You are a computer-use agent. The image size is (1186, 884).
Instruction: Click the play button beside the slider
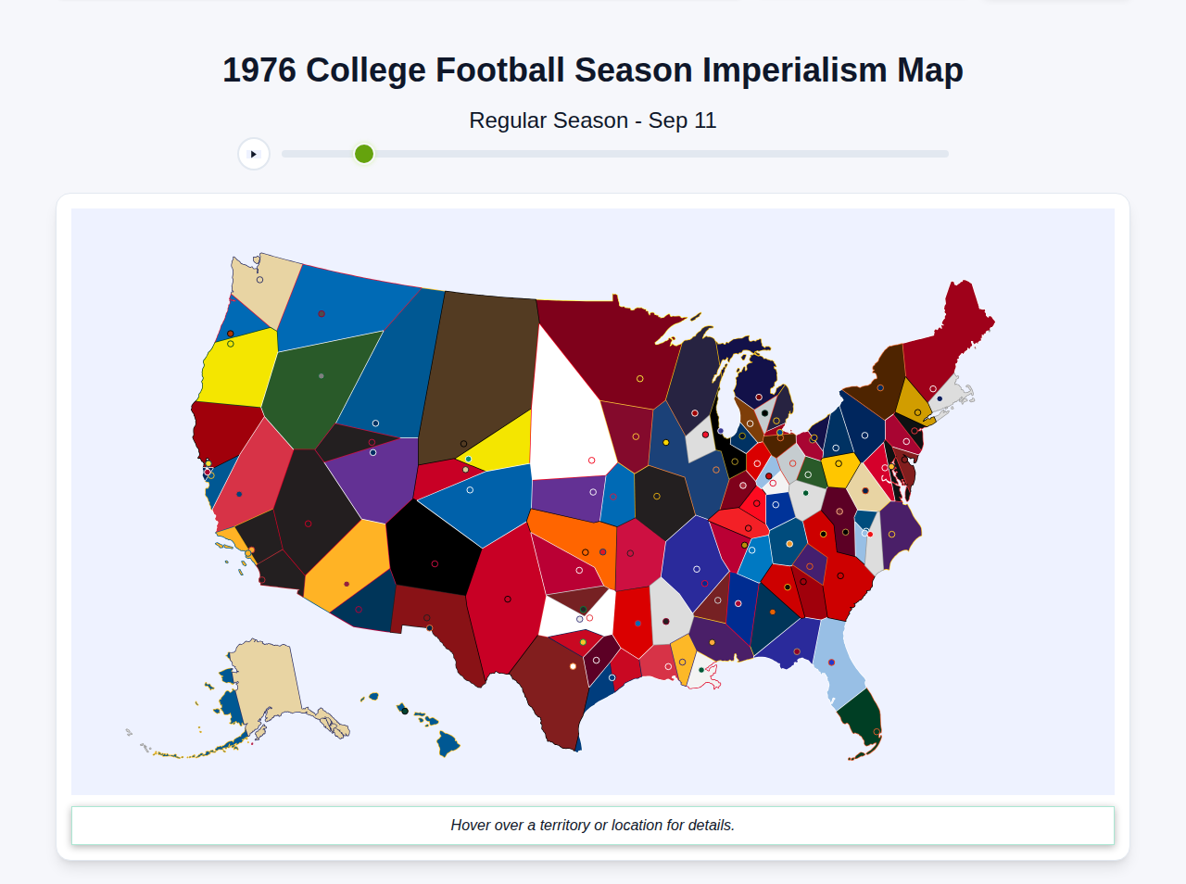(x=253, y=154)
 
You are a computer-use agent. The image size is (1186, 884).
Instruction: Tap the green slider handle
(x=364, y=154)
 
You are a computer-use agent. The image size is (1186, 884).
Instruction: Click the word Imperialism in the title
(x=794, y=70)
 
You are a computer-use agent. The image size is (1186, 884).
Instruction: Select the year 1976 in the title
(x=259, y=70)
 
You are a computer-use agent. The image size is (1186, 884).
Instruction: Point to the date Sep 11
(x=682, y=120)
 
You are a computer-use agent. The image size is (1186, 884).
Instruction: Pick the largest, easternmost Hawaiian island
(x=448, y=743)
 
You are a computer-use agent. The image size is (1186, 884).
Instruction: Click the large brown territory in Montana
(x=477, y=371)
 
